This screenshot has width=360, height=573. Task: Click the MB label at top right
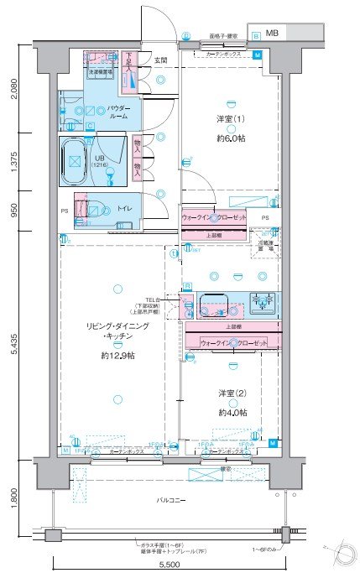coord(273,34)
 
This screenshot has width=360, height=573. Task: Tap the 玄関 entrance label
coord(160,60)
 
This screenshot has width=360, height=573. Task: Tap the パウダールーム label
coord(117,112)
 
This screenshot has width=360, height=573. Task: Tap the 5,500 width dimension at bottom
coord(168,564)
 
